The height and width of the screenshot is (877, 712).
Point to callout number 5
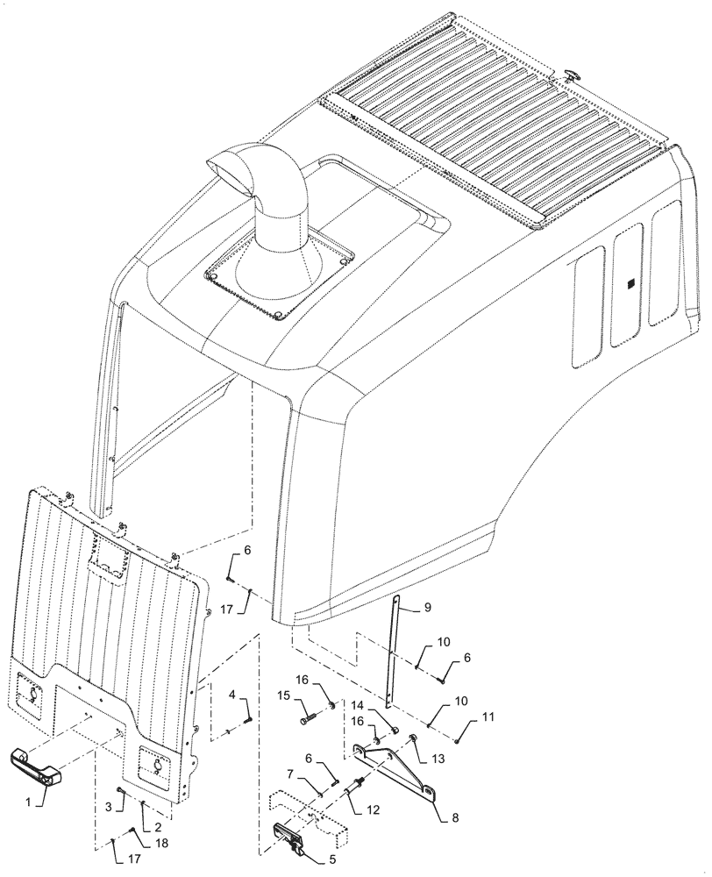(x=332, y=860)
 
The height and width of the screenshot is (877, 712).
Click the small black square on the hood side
(x=630, y=284)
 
